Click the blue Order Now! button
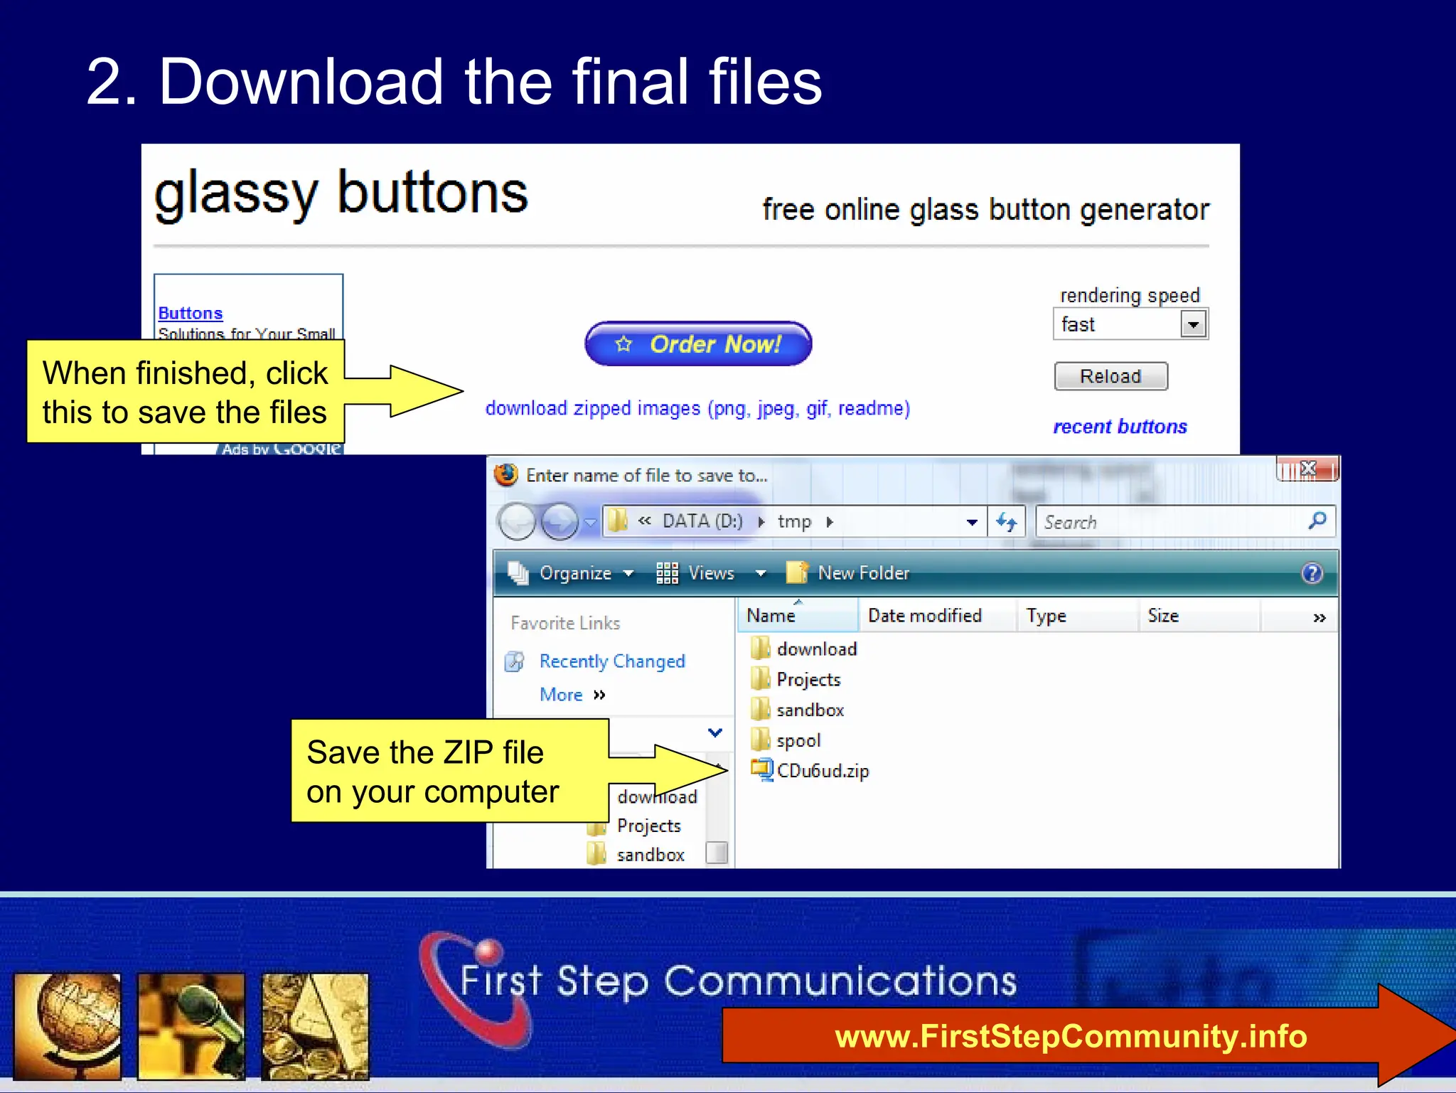click(x=698, y=344)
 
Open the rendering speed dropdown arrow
click(x=1193, y=325)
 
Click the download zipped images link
click(x=697, y=409)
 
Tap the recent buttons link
click(x=1120, y=427)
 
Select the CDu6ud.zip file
click(x=822, y=771)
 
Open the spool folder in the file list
click(x=798, y=740)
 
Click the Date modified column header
click(x=924, y=616)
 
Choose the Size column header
click(x=1163, y=616)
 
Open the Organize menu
click(x=574, y=573)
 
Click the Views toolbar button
click(x=710, y=573)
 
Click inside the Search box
click(x=1166, y=522)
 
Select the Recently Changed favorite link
click(x=611, y=661)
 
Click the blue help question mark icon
click(x=1312, y=573)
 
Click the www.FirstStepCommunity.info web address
click(x=1071, y=1036)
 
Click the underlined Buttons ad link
click(x=191, y=314)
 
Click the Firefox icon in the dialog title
click(x=506, y=475)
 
